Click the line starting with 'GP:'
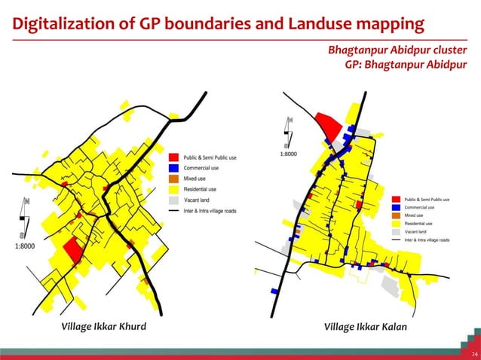coord(405,64)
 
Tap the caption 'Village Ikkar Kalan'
coord(365,327)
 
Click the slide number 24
coord(472,352)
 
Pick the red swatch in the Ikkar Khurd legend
coord(173,157)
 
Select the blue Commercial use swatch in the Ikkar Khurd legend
coord(173,168)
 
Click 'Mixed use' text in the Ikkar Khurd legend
coord(195,178)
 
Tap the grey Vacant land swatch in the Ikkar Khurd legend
coord(173,200)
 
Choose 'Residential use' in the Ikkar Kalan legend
coord(418,224)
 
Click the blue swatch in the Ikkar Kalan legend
coord(397,206)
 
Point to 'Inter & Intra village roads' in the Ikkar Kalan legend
coord(427,239)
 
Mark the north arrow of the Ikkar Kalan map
coord(287,131)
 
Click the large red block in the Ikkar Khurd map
coord(73,249)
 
